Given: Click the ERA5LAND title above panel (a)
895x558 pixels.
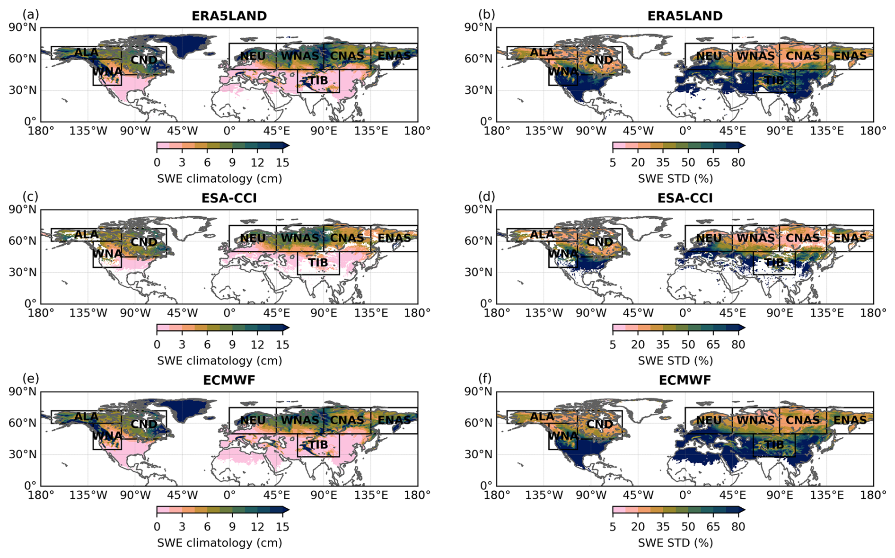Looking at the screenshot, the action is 229,16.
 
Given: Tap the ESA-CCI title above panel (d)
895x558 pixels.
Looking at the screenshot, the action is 684,198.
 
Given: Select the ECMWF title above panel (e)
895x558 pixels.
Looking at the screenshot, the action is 229,380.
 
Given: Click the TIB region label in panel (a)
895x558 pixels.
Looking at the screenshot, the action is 318,80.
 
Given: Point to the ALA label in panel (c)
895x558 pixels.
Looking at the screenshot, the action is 87,234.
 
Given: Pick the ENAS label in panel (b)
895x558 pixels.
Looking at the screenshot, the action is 850,56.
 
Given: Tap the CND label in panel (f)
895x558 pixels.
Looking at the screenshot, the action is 600,424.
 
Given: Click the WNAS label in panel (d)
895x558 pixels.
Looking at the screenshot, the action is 755,238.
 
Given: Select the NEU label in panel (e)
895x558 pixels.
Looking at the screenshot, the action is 253,420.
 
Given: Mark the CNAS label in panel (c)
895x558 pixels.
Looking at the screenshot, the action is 347,238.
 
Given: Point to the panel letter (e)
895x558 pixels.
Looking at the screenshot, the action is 31,379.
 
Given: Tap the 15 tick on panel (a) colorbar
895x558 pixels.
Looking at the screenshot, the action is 282,163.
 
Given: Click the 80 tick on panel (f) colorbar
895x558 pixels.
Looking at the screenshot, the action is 738,527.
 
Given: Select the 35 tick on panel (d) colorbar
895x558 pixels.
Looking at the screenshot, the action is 663,345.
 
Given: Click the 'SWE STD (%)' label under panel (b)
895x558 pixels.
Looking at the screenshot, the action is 676,178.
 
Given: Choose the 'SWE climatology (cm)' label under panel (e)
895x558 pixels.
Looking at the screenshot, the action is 219,543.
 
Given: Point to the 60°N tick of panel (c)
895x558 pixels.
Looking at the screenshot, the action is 23,241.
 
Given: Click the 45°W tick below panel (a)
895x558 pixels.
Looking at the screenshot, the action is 182,131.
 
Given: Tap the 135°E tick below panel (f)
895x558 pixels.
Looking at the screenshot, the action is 826,495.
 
